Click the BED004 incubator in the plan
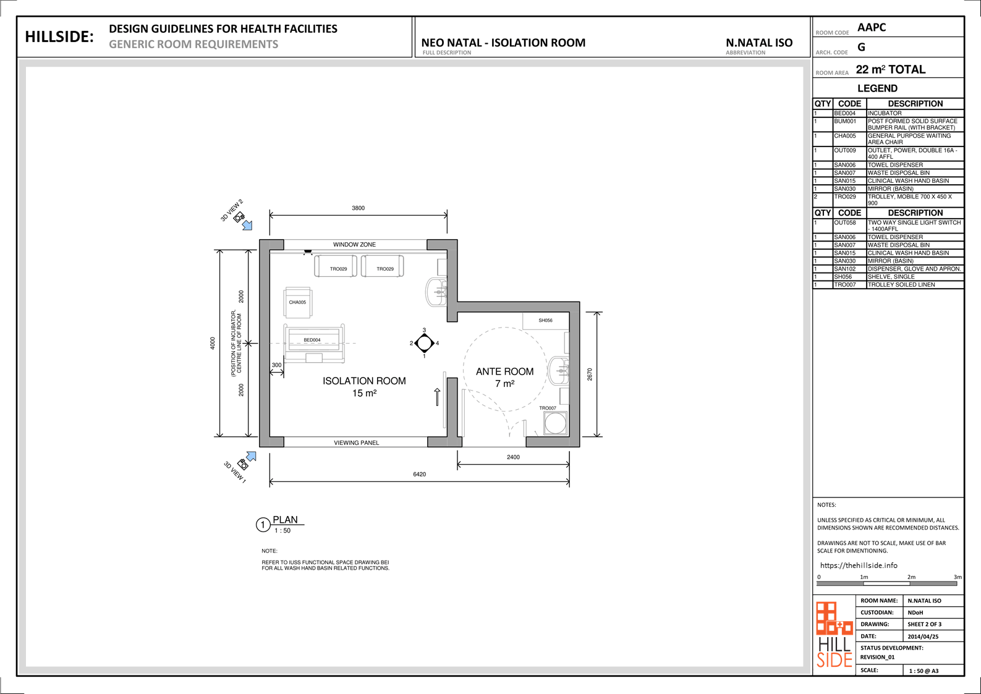pos(314,343)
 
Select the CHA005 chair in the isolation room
pos(298,302)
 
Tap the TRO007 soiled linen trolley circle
pos(555,423)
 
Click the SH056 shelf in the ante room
pos(546,321)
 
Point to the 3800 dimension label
pos(359,208)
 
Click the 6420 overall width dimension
pos(420,474)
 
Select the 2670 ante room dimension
pos(590,375)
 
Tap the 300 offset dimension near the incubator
pos(276,365)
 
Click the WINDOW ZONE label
pos(354,244)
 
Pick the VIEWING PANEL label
pos(357,442)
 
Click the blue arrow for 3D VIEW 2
pos(248,225)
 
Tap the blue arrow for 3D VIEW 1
pos(251,457)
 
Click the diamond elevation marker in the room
pos(424,343)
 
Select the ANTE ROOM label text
pos(505,371)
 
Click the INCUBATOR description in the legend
pos(884,113)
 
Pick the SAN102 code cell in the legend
pos(845,269)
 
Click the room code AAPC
pos(872,28)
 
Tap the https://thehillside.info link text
pos(859,565)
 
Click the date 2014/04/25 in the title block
pos(923,637)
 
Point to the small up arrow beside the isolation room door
pos(437,397)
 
